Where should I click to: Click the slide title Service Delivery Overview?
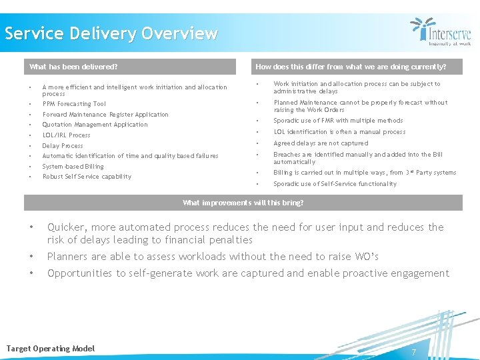click(x=111, y=33)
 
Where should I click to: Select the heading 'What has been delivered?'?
click(x=73, y=67)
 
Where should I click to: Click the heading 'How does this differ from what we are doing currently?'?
click(x=351, y=67)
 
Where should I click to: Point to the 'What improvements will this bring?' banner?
click(x=243, y=203)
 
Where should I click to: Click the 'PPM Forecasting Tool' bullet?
click(x=74, y=104)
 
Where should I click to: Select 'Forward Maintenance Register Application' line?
click(x=105, y=115)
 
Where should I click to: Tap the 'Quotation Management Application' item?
click(x=95, y=125)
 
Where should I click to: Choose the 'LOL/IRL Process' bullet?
click(x=66, y=135)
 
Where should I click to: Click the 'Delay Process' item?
click(x=63, y=146)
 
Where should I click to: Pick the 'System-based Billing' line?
click(x=73, y=167)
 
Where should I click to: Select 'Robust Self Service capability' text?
click(x=87, y=177)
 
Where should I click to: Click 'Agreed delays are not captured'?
click(x=321, y=143)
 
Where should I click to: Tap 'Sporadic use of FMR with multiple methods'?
click(x=338, y=121)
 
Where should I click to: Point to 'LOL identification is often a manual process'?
click(x=339, y=132)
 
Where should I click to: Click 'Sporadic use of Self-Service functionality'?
click(x=335, y=184)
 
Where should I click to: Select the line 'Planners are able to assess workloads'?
click(x=213, y=257)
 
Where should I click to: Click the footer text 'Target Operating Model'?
click(x=51, y=349)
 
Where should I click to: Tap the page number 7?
click(x=413, y=352)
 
